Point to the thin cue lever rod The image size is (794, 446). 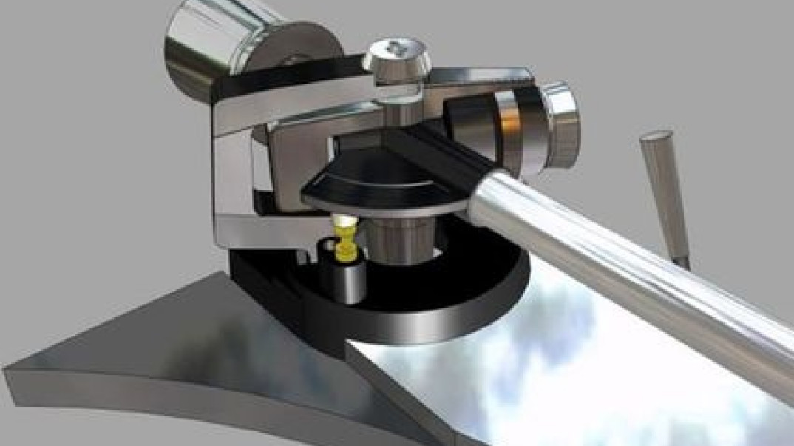(665, 192)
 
